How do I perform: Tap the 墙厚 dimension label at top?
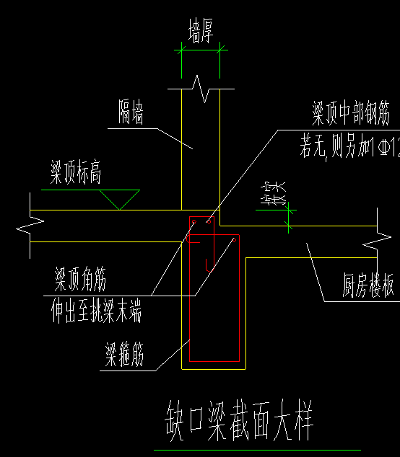(201, 32)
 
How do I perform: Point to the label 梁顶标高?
(75, 174)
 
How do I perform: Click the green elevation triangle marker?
(119, 199)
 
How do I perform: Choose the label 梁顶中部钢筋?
(351, 114)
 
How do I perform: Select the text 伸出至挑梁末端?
(95, 313)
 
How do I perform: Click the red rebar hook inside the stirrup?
(209, 264)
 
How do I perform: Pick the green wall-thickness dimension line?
(201, 50)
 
